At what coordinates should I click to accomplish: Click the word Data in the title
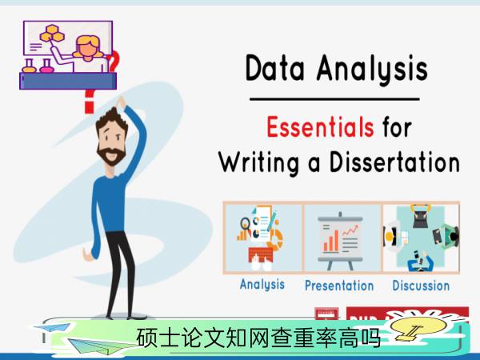(275, 68)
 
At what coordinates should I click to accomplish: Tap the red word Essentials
(320, 126)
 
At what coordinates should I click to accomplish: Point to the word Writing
(258, 163)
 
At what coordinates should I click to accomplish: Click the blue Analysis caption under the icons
(262, 284)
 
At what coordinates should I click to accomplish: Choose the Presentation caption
(339, 286)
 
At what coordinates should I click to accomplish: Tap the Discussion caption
(421, 286)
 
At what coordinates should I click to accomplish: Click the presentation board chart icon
(341, 241)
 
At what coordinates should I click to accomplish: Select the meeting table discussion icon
(421, 238)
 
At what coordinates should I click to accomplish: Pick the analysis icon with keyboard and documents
(261, 238)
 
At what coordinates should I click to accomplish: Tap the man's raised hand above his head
(121, 102)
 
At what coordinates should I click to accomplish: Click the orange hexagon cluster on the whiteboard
(52, 34)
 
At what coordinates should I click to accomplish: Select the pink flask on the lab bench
(46, 66)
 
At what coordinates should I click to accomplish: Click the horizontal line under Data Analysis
(334, 99)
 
